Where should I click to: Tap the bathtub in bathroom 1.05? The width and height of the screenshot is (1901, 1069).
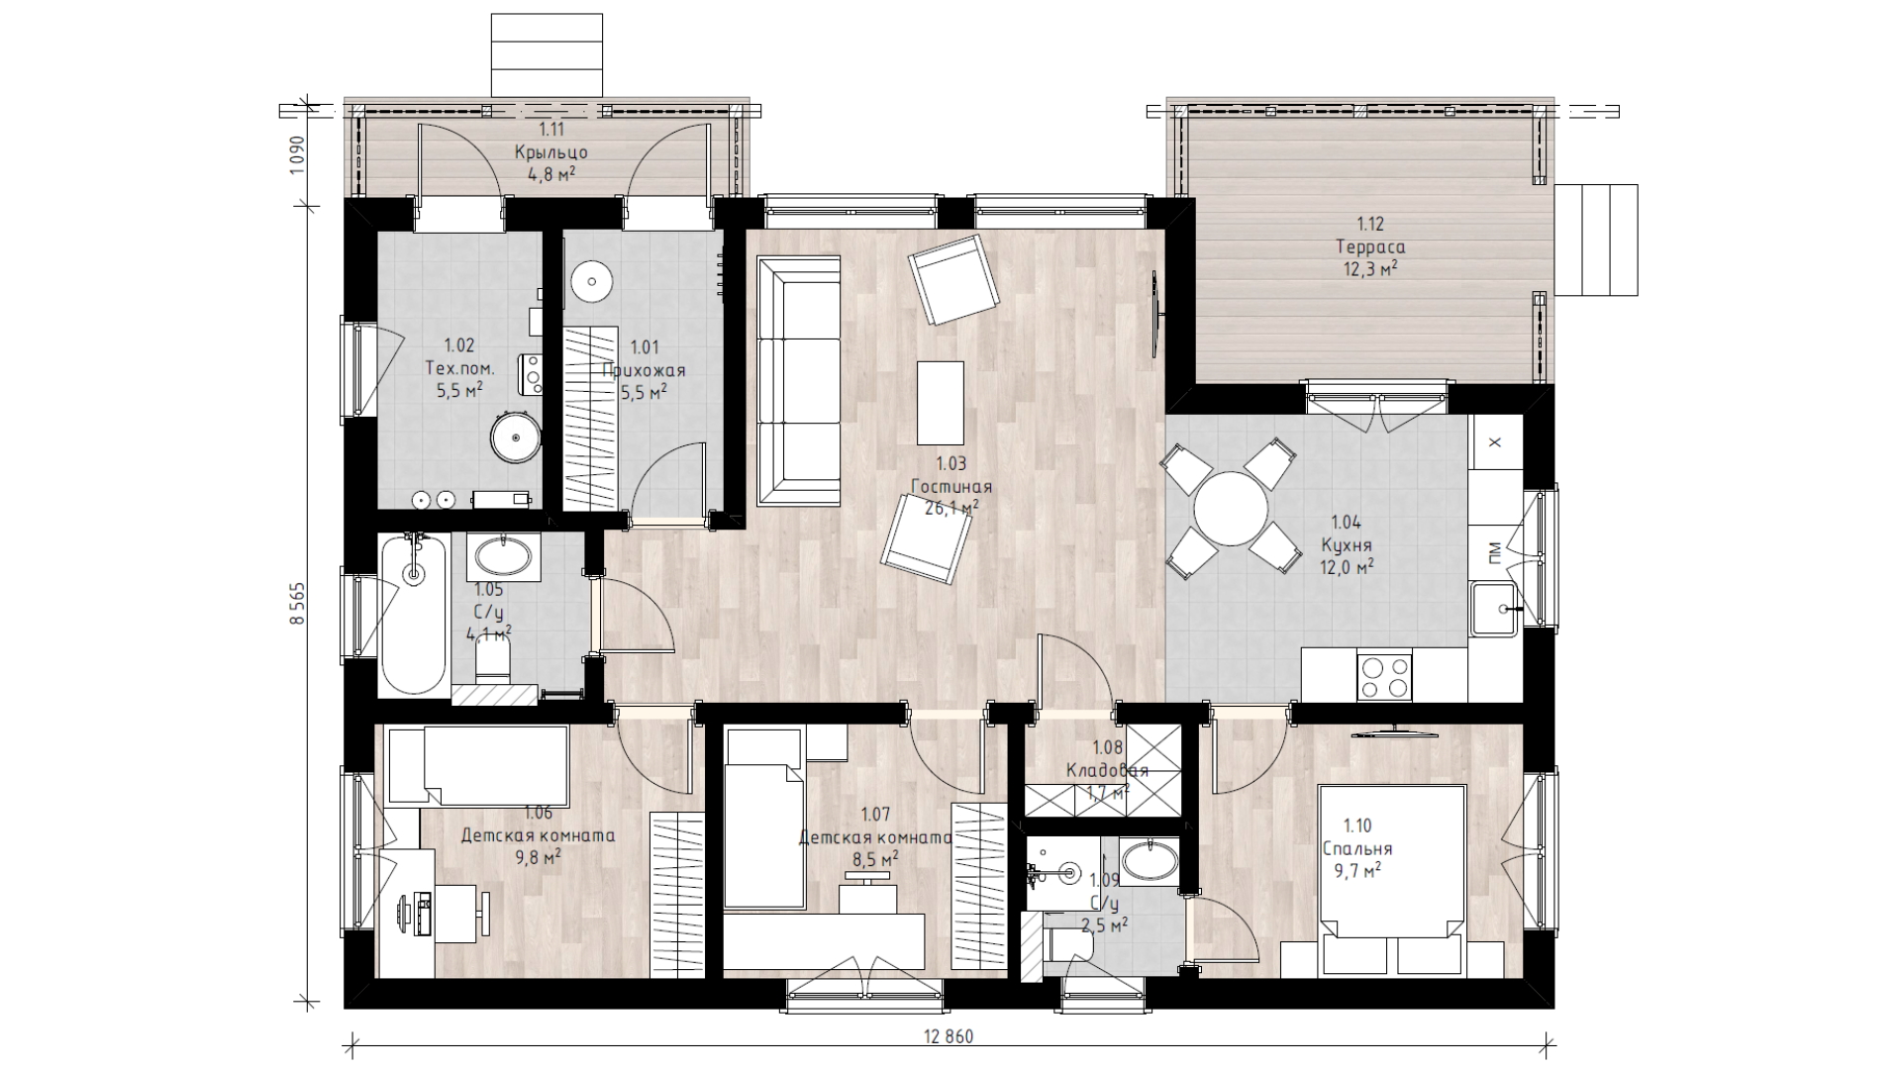click(x=414, y=614)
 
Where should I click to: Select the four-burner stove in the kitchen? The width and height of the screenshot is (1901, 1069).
click(x=1384, y=677)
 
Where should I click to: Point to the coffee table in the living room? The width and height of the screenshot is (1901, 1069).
click(x=940, y=403)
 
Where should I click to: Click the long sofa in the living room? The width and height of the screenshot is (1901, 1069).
click(x=798, y=381)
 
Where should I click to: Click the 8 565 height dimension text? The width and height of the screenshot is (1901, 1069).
click(x=296, y=602)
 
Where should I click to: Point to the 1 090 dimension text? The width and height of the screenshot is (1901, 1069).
click(x=296, y=154)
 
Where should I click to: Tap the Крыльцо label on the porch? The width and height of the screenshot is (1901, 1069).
click(x=550, y=152)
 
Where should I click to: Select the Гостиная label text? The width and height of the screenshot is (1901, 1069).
click(x=951, y=487)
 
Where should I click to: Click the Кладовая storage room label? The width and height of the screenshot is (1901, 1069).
click(x=1107, y=770)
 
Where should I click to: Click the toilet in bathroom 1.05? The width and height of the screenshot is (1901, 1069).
click(x=492, y=657)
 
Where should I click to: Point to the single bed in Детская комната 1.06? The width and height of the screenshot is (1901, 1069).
click(x=478, y=766)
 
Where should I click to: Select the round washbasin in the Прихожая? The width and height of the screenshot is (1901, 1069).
click(x=591, y=280)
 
